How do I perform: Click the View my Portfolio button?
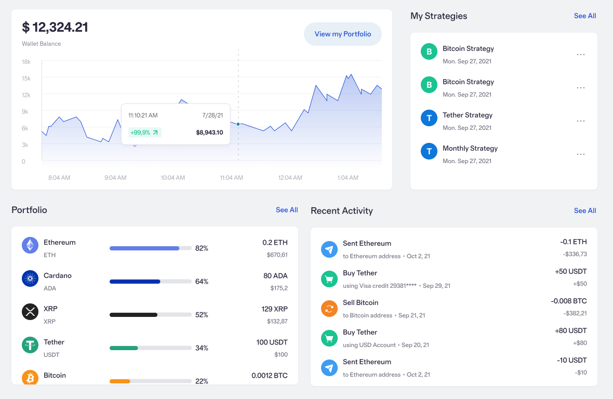tap(343, 34)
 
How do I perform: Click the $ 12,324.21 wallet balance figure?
tap(55, 27)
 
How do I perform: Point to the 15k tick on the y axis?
tap(26, 78)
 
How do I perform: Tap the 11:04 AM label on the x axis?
tap(231, 178)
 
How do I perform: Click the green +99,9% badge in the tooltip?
tap(144, 132)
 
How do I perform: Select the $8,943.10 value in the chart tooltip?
tap(209, 132)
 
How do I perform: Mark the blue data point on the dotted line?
tap(238, 124)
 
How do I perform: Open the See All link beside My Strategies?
tap(585, 16)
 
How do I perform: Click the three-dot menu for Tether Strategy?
tap(581, 121)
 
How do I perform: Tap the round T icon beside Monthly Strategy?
tap(429, 151)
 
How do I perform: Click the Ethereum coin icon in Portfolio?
tap(30, 245)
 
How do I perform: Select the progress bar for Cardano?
tap(150, 282)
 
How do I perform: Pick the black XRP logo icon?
tap(30, 312)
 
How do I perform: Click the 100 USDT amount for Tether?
tap(272, 342)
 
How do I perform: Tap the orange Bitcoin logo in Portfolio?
tap(30, 377)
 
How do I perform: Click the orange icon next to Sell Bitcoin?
tap(329, 309)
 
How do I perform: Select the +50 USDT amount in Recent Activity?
tap(570, 272)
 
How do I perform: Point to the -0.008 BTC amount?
tap(569, 301)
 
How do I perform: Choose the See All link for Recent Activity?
tap(585, 210)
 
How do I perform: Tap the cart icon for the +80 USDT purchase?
tap(329, 338)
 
